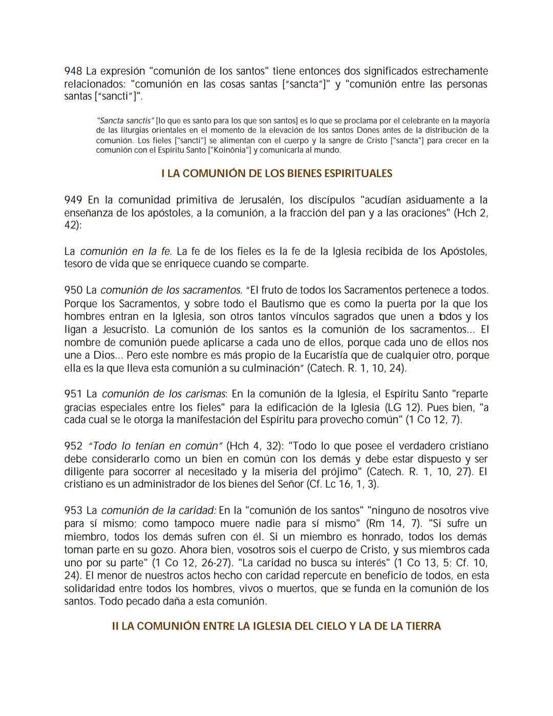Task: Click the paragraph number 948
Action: pos(73,71)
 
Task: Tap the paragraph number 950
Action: pos(73,291)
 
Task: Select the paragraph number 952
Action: pos(73,446)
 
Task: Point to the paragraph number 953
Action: pos(73,510)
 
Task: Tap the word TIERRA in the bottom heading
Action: pos(422,626)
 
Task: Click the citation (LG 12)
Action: pos(402,407)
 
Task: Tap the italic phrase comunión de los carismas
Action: pos(163,394)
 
